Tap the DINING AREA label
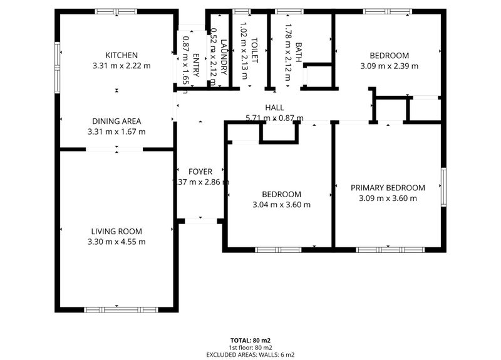116,121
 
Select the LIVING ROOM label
116,231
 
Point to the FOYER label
200,172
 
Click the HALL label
274,108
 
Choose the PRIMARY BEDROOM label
388,188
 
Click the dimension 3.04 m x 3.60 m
281,205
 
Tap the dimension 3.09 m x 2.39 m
389,66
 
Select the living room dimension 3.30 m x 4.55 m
116,242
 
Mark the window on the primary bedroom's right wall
443,187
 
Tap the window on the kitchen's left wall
57,67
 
